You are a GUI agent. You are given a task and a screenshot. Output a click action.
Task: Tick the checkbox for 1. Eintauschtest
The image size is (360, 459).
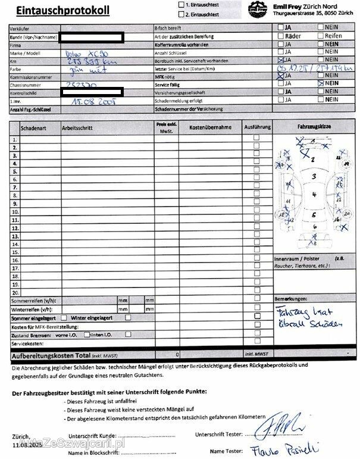tap(181, 5)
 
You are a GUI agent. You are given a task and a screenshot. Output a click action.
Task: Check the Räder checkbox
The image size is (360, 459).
tap(280, 36)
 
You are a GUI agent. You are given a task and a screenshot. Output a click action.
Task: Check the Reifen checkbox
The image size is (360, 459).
tap(321, 36)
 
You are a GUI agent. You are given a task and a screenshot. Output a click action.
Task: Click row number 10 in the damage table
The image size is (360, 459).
tap(14, 212)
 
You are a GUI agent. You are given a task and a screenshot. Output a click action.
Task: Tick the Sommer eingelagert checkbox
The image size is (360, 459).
tap(65, 318)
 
